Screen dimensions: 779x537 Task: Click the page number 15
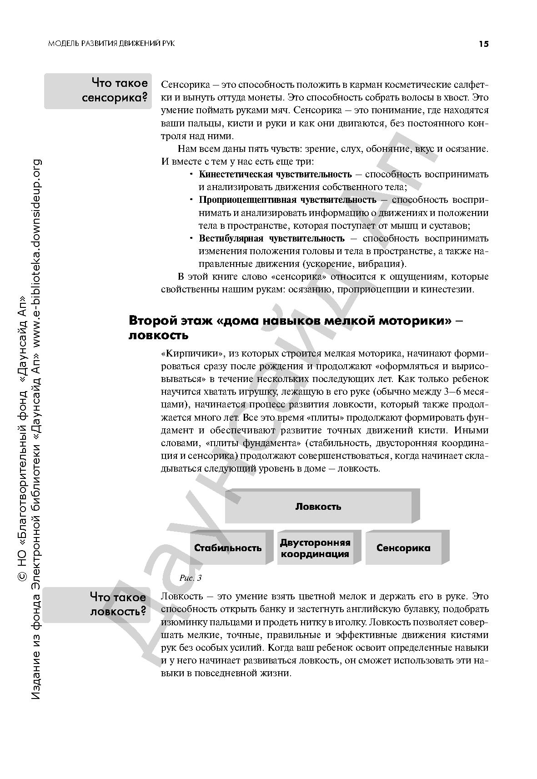click(x=483, y=44)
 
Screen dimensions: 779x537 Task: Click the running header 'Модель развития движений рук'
click(x=111, y=43)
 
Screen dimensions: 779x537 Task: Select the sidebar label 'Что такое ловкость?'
click(x=118, y=604)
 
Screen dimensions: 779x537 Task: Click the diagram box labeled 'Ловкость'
click(x=318, y=507)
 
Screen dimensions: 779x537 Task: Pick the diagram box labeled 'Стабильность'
click(x=228, y=548)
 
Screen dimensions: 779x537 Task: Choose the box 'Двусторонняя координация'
click(x=315, y=548)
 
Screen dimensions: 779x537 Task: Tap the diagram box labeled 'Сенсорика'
click(x=403, y=548)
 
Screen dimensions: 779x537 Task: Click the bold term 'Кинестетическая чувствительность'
click(x=275, y=174)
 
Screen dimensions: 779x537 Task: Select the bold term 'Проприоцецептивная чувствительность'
click(x=287, y=200)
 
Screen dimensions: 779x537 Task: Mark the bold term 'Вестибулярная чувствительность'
click(x=271, y=238)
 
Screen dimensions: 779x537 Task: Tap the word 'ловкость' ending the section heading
click(x=159, y=336)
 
